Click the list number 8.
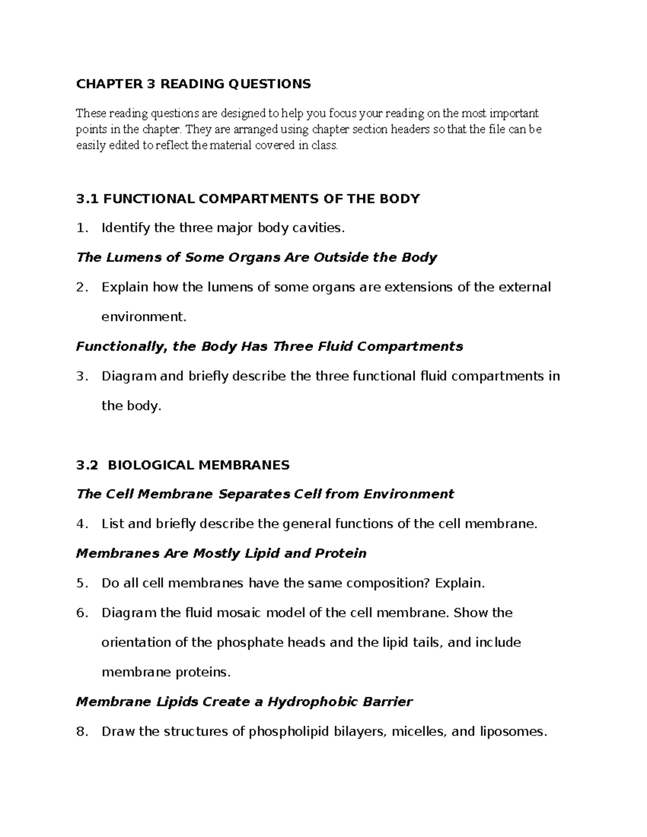pos(81,731)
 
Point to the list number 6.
pos(81,613)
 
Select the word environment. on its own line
pos(143,317)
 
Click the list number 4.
pos(81,524)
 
